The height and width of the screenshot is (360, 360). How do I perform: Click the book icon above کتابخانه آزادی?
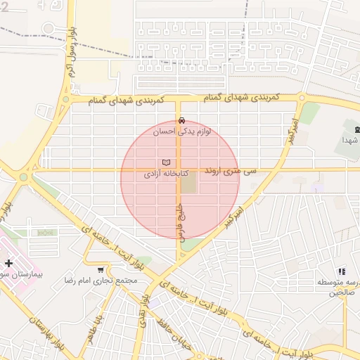166,162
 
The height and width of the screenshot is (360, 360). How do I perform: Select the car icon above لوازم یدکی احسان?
182,120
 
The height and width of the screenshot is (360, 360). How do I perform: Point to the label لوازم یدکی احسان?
183,131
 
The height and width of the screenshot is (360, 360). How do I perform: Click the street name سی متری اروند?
231,171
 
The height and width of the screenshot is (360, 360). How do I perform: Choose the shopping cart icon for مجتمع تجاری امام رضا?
101,269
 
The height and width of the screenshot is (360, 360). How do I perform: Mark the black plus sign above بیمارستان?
8,263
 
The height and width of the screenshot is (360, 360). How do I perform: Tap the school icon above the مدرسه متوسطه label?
342,271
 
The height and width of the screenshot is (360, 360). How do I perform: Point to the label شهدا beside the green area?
351,140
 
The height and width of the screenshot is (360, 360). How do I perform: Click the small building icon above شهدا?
356,129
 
